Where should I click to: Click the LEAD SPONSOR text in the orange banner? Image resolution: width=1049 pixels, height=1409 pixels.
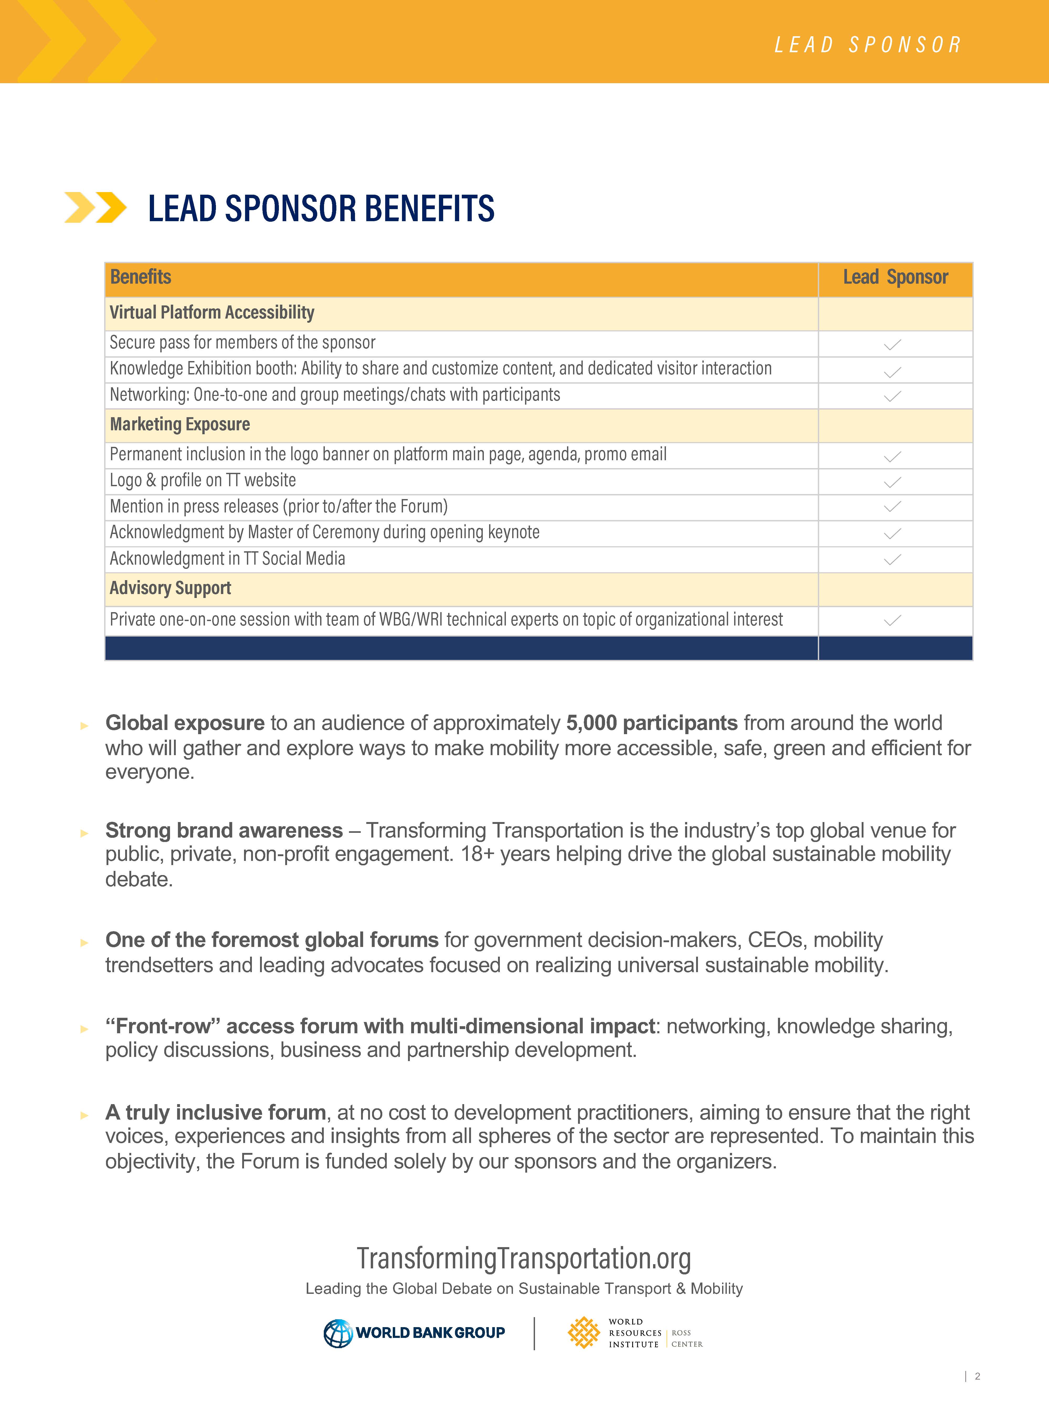867,44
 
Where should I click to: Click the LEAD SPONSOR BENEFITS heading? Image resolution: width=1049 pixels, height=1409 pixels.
321,209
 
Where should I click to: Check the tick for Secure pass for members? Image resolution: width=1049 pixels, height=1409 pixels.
892,345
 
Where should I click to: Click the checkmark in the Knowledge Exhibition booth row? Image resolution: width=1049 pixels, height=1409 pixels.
892,372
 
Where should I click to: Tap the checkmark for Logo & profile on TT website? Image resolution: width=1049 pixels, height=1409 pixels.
892,483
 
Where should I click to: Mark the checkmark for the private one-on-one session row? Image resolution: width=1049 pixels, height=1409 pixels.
892,620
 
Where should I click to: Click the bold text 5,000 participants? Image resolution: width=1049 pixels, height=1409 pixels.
651,723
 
